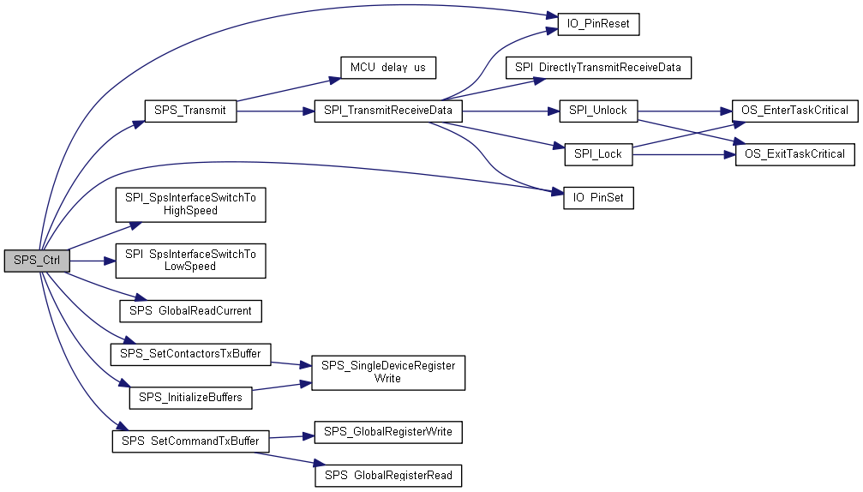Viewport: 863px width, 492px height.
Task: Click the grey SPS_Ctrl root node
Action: click(x=37, y=261)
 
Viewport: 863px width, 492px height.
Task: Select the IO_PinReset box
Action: click(x=598, y=24)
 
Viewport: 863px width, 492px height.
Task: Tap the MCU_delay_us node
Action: click(x=388, y=68)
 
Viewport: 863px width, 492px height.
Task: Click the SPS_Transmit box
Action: click(x=190, y=111)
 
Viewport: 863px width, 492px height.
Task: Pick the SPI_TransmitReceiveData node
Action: click(x=388, y=111)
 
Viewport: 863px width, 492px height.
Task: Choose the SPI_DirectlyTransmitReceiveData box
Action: click(x=598, y=68)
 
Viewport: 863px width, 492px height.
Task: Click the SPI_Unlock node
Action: click(x=598, y=111)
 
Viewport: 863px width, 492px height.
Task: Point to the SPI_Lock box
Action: click(x=598, y=154)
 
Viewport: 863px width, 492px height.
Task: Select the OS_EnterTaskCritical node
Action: click(x=794, y=111)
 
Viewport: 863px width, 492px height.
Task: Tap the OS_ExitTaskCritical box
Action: click(x=794, y=154)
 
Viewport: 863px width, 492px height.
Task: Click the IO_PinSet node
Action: click(x=598, y=197)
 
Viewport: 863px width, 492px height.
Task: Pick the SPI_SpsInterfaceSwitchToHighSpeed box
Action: click(x=190, y=205)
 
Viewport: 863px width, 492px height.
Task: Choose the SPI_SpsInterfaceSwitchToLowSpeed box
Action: click(x=190, y=261)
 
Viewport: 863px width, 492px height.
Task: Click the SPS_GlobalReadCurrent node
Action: click(x=190, y=311)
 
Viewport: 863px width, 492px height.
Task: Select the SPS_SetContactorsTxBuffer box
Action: click(x=190, y=354)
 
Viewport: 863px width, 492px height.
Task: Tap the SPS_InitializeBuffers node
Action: click(x=190, y=398)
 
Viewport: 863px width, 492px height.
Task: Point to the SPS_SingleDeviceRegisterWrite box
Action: click(x=388, y=373)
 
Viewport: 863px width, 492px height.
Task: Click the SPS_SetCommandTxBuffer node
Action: click(x=190, y=441)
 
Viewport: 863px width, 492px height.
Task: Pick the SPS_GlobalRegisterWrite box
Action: click(x=388, y=432)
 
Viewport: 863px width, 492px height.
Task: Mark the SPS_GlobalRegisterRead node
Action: click(x=388, y=476)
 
